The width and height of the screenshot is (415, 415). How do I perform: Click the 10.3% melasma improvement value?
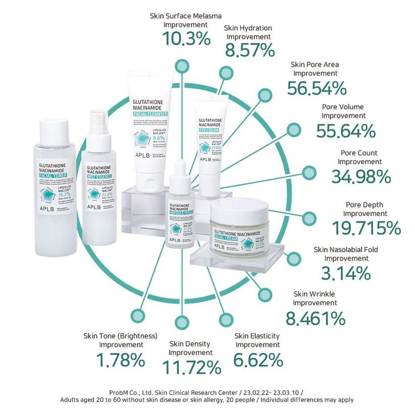[186, 39]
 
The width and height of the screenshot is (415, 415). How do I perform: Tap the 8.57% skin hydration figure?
[250, 50]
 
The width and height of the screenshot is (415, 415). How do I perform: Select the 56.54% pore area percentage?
[317, 88]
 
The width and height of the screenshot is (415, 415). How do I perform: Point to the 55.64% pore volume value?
[345, 131]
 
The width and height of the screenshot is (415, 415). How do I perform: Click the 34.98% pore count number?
[361, 176]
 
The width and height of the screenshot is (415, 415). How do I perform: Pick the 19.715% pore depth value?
[366, 228]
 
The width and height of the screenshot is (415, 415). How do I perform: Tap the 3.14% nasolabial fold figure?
[345, 273]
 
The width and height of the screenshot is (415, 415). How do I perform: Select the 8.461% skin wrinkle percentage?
[315, 318]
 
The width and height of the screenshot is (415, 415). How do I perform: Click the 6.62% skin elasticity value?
[258, 360]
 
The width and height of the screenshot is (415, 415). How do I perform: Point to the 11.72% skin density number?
[191, 368]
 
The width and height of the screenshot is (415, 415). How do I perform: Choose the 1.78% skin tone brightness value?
[121, 360]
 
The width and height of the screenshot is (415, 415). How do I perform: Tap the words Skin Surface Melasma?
[186, 16]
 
